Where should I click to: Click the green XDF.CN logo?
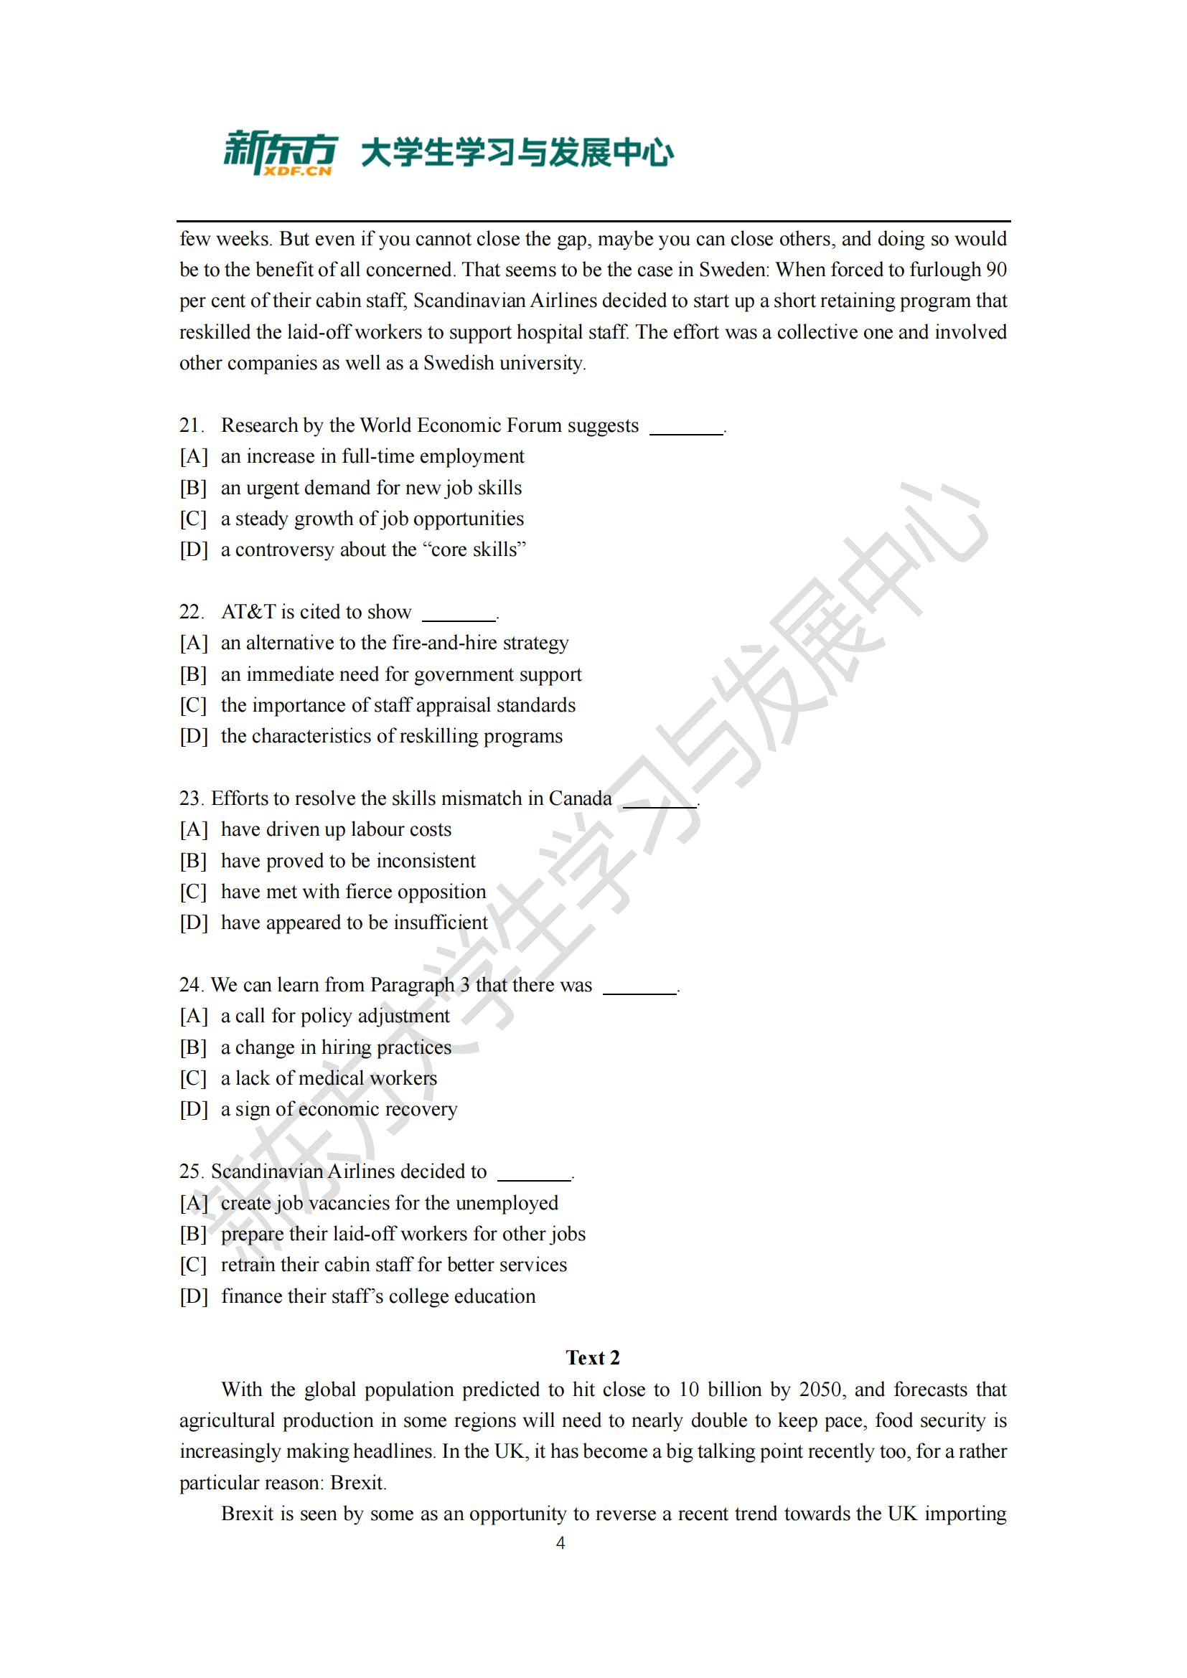(x=280, y=154)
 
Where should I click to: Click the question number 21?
(x=191, y=425)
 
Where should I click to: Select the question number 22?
(x=191, y=612)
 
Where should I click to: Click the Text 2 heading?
(x=593, y=1358)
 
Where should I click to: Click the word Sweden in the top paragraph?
(x=733, y=270)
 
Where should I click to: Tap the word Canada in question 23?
(x=580, y=798)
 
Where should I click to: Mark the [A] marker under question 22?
(x=194, y=642)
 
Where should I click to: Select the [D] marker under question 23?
(x=194, y=923)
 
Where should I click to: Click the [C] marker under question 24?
(x=194, y=1078)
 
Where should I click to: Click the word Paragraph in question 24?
(x=412, y=985)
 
